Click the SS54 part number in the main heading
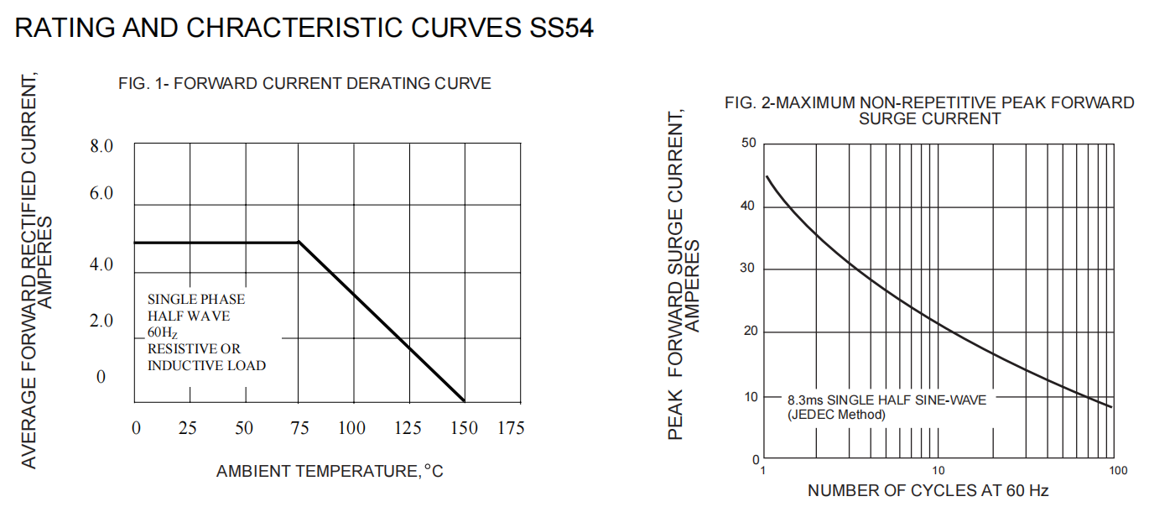coord(561,28)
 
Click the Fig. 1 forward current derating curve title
coord(304,84)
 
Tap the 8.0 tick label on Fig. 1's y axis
coord(101,147)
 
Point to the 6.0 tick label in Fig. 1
coord(101,194)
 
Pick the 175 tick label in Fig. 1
coord(510,428)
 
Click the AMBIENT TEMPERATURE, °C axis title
coord(330,472)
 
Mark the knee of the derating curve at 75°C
coord(299,243)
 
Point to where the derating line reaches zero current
coord(463,401)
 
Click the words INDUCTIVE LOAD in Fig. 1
coord(206,365)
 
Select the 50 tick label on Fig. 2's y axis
coord(748,144)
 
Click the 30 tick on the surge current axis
coord(748,269)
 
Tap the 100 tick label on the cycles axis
coord(1117,471)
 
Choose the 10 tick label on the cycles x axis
coord(938,471)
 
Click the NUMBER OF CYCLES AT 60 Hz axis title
coord(928,490)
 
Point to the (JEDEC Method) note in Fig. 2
coord(836,415)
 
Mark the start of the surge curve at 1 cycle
coord(767,176)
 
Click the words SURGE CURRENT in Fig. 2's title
coord(929,119)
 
